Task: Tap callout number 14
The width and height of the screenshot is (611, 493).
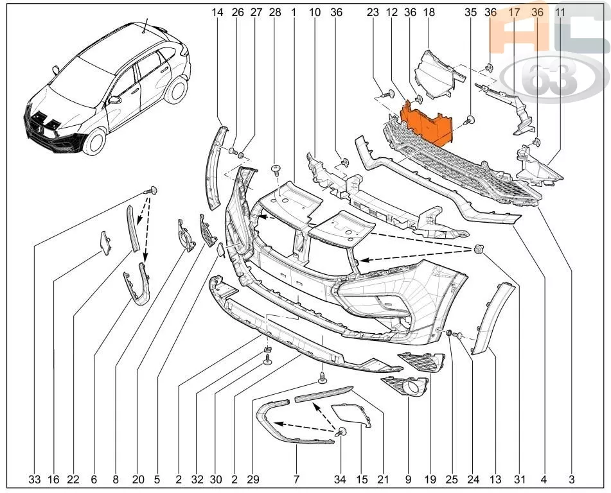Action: [x=217, y=12]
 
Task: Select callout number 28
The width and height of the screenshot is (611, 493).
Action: [x=275, y=12]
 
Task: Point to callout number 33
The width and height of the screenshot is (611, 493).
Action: [x=35, y=480]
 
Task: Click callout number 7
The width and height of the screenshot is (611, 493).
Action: [x=296, y=480]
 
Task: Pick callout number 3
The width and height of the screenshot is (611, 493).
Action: [x=571, y=480]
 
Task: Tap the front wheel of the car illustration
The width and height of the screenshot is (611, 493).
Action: [x=94, y=141]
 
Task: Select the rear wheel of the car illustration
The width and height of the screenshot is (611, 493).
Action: [x=177, y=90]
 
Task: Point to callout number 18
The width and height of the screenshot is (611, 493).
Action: [x=429, y=12]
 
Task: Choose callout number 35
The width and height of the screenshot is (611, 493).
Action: [x=471, y=12]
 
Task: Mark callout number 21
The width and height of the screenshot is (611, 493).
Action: [x=384, y=480]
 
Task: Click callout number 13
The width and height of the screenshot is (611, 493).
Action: [x=495, y=480]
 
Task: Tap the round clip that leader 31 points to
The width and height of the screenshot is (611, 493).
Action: [x=478, y=249]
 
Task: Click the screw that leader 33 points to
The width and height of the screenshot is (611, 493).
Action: [x=150, y=191]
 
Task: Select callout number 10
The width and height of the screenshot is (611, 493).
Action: [x=315, y=12]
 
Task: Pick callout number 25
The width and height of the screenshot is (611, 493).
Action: [x=452, y=480]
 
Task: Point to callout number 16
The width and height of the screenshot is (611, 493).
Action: [x=53, y=480]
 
